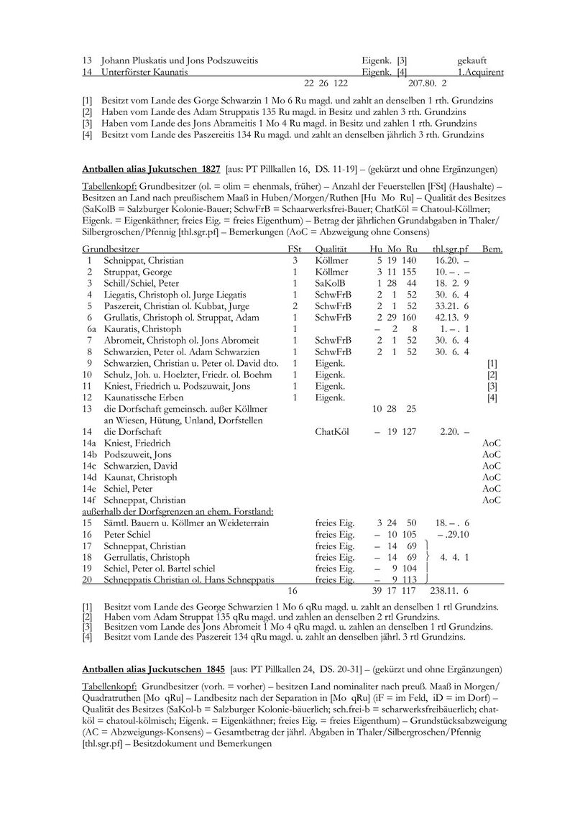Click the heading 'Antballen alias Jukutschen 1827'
[152, 170]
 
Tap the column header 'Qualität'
[331, 249]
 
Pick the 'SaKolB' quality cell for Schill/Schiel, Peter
[330, 283]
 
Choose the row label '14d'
[89, 477]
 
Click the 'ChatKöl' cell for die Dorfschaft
[332, 431]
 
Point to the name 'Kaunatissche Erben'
[143, 398]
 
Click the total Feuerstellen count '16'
[293, 590]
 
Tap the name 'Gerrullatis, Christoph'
[147, 556]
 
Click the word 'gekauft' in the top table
[471, 60]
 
